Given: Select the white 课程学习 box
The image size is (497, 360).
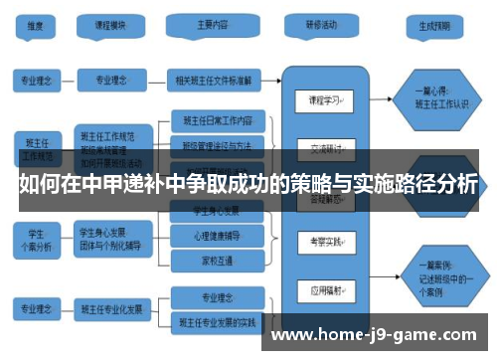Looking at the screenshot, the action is click(x=325, y=101).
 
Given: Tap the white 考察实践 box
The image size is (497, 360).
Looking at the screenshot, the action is click(x=325, y=243).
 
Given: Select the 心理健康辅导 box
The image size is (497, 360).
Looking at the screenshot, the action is click(x=218, y=236).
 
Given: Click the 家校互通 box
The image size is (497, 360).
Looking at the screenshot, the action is click(x=218, y=259).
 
